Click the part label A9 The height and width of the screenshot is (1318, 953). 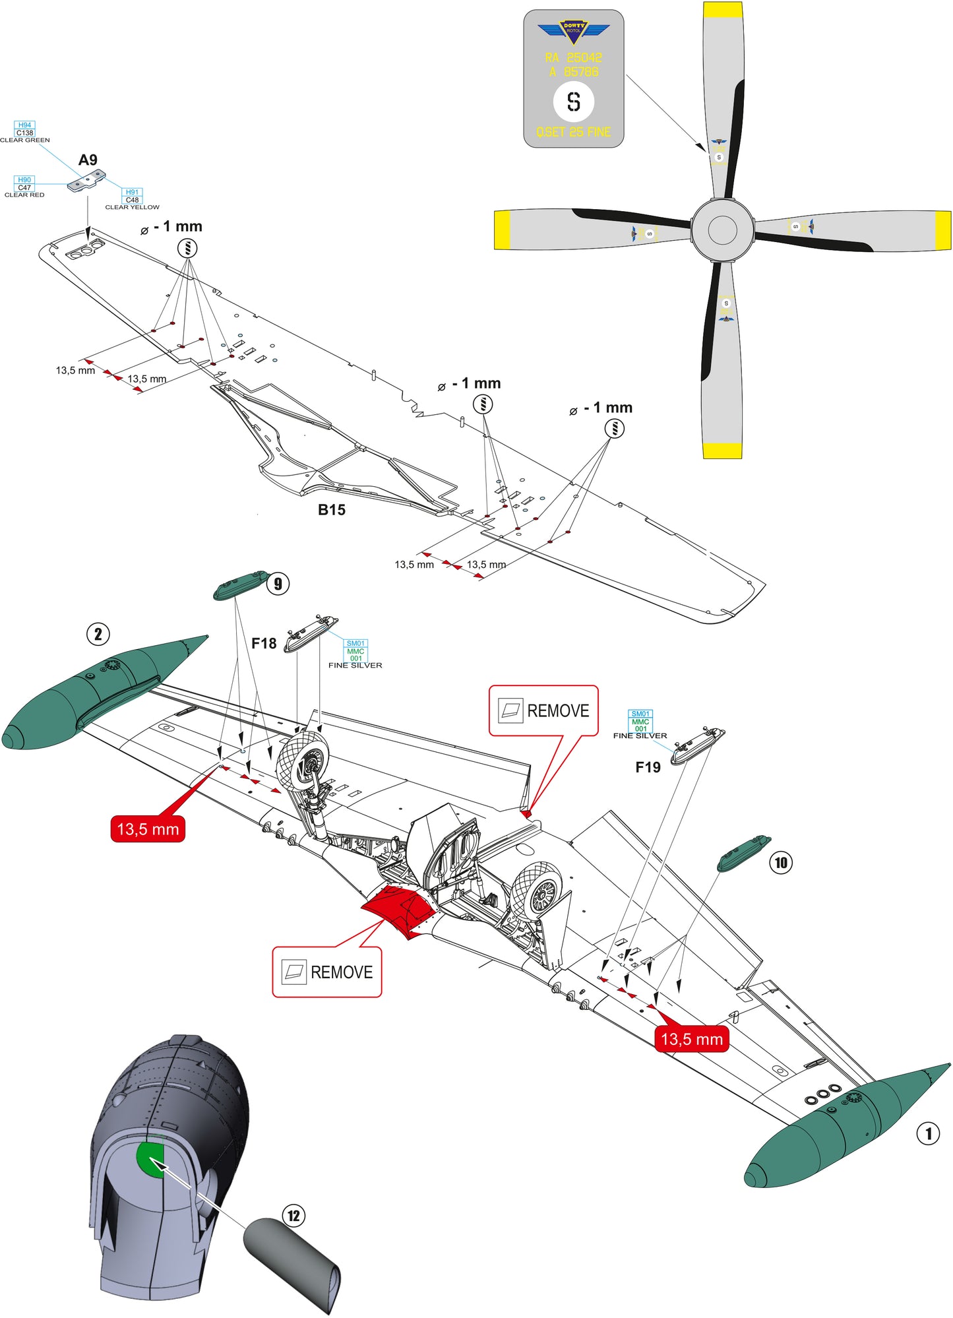88,160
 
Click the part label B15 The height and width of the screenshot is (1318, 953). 331,510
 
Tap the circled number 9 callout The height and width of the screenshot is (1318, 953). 278,584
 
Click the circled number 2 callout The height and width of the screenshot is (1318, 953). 98,635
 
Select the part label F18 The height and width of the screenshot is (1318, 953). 264,644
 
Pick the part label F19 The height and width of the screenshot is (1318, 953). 648,767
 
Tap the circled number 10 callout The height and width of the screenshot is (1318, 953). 781,863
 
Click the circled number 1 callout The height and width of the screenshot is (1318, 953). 928,1134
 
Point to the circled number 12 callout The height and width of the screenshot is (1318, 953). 293,1216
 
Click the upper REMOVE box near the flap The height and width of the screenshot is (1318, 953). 543,710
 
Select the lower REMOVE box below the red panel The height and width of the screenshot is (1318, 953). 327,972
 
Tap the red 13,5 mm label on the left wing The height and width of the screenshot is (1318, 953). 148,829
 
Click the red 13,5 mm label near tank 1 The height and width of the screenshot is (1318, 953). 692,1039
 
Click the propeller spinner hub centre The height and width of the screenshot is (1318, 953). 722,230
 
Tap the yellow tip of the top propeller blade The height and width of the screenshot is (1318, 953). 723,10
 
